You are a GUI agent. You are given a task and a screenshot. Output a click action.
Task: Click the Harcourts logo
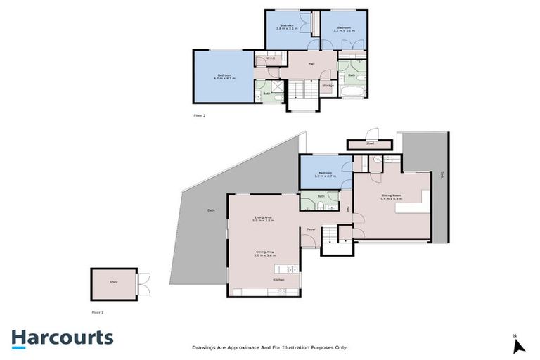coord(62,337)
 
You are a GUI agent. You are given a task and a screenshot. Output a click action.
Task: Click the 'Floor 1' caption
coord(98,310)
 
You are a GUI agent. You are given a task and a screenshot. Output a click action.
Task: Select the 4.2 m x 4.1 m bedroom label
coord(224,76)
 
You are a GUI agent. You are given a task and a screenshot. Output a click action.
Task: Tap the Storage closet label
coord(328,86)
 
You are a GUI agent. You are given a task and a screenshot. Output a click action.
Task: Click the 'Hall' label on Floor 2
coord(310,64)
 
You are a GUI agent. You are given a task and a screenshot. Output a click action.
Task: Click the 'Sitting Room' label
coord(390,197)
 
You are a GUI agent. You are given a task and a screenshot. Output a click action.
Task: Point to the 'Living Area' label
coord(264,219)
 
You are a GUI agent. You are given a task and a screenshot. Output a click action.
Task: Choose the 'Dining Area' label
coord(264,253)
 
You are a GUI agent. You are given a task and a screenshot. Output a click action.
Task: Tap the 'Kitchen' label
coord(279,281)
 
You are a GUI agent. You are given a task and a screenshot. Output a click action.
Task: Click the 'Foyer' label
coord(310,229)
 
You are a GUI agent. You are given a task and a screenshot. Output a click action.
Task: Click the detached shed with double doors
coord(114,283)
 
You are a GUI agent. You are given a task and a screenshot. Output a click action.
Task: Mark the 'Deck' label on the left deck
coord(211,210)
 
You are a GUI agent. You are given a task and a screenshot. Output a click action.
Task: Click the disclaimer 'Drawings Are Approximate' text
coord(270,347)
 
